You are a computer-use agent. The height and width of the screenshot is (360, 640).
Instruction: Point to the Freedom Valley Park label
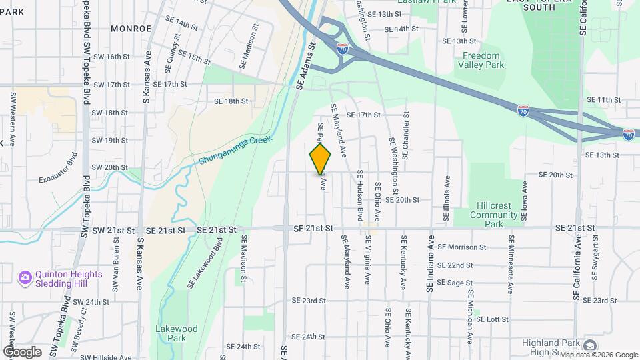pos(481,60)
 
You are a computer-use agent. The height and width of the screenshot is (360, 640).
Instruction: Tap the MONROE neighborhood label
pos(131,29)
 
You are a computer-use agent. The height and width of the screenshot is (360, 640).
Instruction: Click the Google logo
pos(22,351)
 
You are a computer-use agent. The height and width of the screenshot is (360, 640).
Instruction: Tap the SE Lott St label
pos(492,319)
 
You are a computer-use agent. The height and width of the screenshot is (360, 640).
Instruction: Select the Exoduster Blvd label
pos(59,170)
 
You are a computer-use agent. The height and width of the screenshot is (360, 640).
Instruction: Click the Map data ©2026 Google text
pos(598,355)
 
